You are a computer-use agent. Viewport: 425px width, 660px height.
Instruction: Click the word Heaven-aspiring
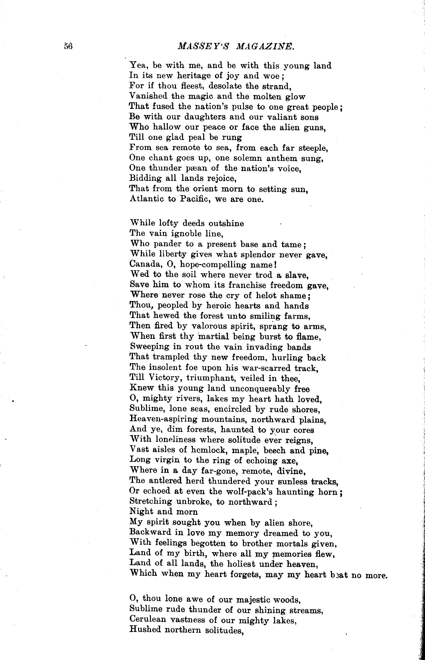coord(163,419)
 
